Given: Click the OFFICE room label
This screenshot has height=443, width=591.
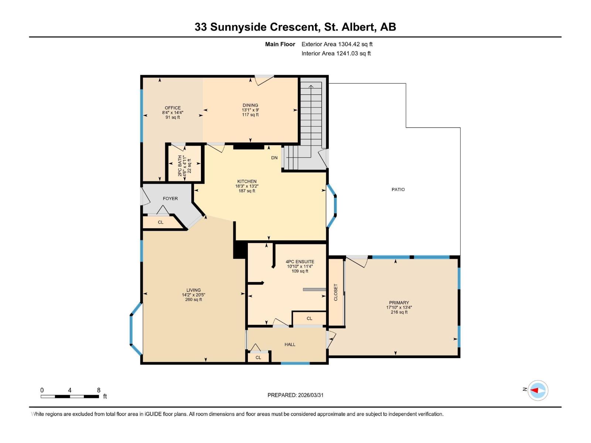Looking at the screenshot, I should [172, 108].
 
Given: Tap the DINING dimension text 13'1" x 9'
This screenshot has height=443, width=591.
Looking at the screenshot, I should [250, 110].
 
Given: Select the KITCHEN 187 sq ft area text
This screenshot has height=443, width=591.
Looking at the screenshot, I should [247, 191].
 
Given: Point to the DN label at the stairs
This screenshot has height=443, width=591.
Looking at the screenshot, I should [274, 158].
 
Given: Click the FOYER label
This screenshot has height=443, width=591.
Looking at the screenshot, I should [170, 198].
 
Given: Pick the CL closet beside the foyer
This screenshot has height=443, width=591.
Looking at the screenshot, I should [160, 222].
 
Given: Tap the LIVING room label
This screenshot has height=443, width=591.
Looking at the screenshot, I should [193, 290].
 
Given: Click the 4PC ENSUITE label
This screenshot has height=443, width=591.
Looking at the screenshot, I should [300, 261].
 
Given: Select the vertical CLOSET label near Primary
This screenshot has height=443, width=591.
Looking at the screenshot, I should [336, 292].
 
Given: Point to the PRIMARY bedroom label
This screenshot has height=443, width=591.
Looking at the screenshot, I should [399, 302].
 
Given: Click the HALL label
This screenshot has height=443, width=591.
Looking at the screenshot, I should [290, 344].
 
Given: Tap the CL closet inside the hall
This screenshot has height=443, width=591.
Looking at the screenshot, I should [258, 357].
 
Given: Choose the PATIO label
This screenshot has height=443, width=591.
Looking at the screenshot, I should [398, 189].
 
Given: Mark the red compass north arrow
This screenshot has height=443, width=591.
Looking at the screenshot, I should [534, 390].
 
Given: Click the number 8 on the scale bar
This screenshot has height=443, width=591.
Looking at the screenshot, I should [99, 390].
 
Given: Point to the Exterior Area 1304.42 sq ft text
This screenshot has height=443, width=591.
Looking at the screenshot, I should [337, 44].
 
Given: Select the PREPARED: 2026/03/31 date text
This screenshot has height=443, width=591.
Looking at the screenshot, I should [295, 395].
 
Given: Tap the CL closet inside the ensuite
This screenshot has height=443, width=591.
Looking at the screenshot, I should [309, 318].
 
